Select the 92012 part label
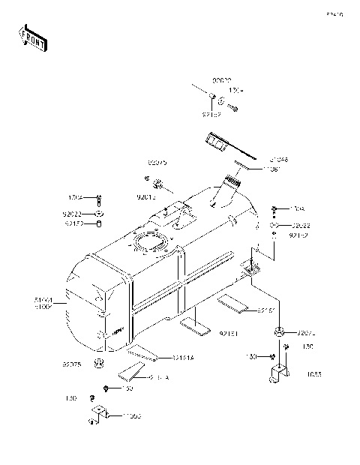(146, 196)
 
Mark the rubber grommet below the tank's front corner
(97, 364)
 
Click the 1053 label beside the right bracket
(313, 373)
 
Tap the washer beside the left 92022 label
(99, 213)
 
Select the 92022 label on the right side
(301, 225)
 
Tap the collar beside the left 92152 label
(99, 223)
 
